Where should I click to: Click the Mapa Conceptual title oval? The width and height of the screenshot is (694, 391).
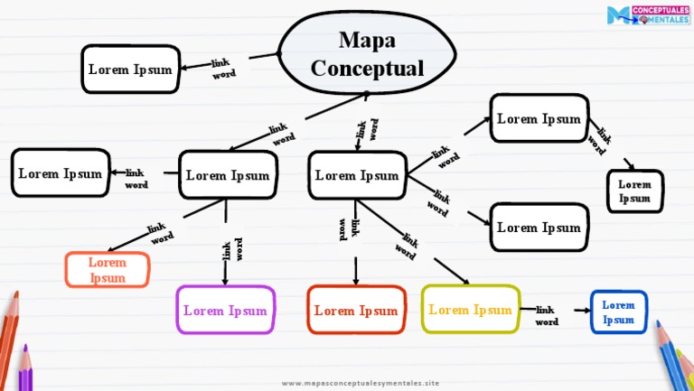[366, 54]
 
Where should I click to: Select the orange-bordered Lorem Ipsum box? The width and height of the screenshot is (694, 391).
[108, 270]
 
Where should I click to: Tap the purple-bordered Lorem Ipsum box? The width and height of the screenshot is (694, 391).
[225, 310]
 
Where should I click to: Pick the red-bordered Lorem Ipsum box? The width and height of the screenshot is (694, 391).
[356, 310]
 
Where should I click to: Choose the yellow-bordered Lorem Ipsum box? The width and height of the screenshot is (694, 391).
[470, 309]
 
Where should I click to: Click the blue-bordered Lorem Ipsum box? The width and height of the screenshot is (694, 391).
[618, 312]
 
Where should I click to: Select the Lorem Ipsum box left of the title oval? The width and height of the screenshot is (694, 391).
[130, 69]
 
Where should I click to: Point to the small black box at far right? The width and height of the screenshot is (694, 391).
[634, 191]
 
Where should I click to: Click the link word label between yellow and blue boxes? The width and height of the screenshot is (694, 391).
[546, 315]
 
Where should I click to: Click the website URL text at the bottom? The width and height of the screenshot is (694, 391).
[361, 383]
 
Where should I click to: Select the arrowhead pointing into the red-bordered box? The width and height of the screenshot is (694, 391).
[356, 282]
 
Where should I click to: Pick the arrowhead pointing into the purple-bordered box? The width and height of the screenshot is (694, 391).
[225, 281]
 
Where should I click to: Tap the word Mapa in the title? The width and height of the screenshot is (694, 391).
[367, 40]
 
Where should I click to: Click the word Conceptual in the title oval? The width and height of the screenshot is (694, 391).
[367, 68]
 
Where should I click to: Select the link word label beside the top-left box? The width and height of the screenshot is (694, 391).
[222, 68]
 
